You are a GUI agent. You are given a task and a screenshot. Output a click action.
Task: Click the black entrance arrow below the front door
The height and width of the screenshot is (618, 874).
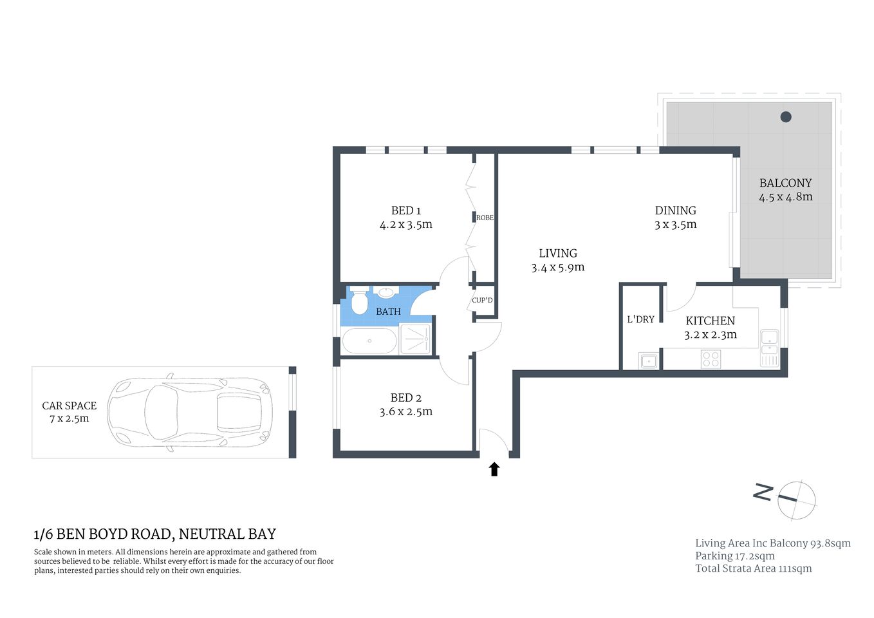[x=494, y=469]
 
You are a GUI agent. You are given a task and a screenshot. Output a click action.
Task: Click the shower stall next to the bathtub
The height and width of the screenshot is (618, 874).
[x=415, y=339]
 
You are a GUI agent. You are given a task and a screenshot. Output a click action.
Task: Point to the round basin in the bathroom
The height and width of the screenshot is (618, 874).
[x=386, y=293]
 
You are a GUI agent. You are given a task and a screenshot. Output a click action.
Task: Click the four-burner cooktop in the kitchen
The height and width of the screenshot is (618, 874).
[x=711, y=359]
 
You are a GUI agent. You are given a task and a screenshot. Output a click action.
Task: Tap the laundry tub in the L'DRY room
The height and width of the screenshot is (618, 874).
[x=648, y=360]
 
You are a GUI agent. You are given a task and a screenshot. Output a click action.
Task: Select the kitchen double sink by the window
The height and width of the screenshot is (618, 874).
[x=769, y=348]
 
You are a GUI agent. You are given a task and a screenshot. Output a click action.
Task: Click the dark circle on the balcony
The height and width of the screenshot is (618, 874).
[x=786, y=117]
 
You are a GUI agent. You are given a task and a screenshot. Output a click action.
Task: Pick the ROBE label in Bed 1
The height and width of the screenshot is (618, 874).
[x=485, y=218]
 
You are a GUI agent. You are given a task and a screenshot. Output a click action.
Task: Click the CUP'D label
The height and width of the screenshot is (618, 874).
[x=482, y=300]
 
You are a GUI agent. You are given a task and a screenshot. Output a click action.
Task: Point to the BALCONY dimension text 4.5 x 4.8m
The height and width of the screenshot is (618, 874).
[x=785, y=198]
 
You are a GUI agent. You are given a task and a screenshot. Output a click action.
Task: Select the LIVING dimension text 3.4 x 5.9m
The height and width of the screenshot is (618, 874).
[x=557, y=268]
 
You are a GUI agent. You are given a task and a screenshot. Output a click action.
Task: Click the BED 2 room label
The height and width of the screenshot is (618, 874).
[x=405, y=398]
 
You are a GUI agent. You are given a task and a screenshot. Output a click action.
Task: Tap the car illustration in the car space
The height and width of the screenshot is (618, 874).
[x=190, y=412]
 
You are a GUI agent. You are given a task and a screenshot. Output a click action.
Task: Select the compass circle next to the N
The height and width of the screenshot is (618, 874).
[x=797, y=500]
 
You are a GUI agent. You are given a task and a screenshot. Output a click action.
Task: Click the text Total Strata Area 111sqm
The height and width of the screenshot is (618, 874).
[x=753, y=568]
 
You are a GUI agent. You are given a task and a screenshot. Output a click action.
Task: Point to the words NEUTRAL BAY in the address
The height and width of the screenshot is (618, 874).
[x=227, y=534]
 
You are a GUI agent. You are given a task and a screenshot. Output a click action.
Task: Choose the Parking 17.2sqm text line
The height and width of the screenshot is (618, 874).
[x=734, y=556]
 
